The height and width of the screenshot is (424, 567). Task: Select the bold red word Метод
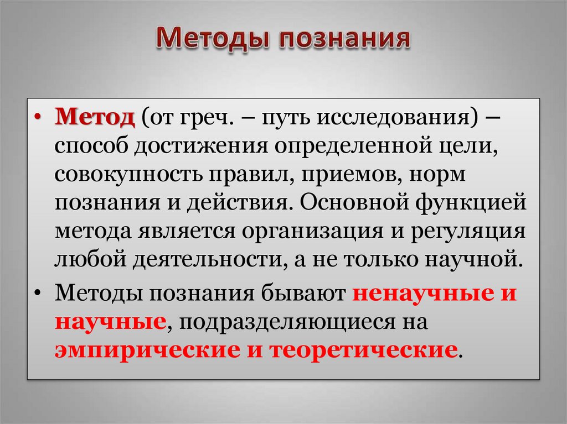point(95,118)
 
